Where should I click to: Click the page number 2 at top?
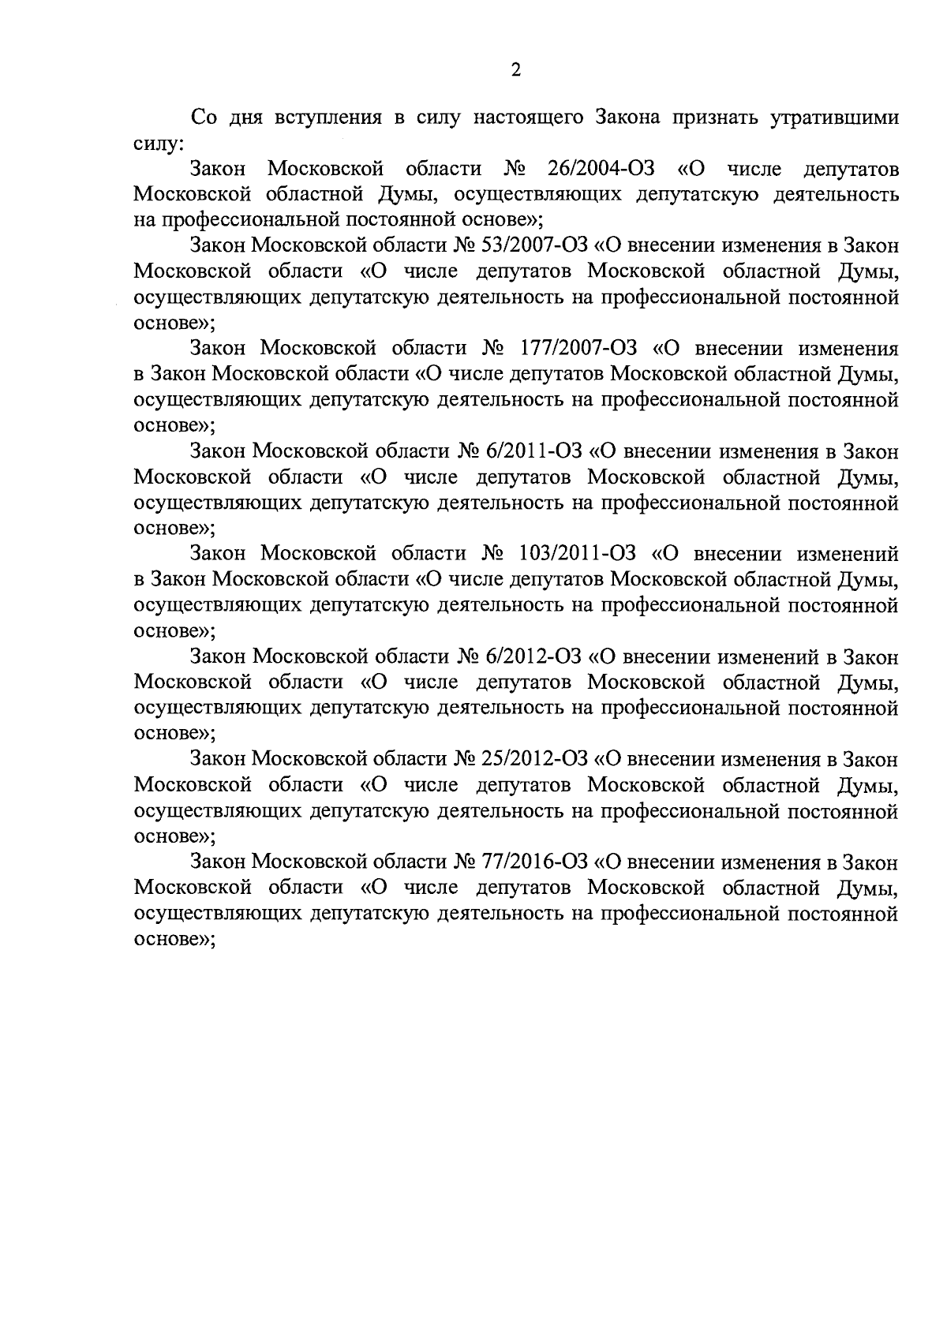click(x=516, y=71)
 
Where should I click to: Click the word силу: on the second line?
click(x=159, y=144)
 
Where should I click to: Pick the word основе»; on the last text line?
click(x=174, y=939)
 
